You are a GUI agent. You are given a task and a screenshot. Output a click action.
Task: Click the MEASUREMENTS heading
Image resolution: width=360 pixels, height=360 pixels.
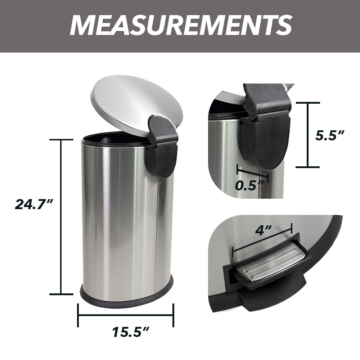pyautogui.click(x=181, y=25)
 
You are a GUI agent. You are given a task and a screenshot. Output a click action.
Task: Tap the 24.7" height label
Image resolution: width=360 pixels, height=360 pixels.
pyautogui.click(x=35, y=204)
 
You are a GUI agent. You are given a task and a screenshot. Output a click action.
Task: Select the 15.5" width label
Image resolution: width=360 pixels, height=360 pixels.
pyautogui.click(x=131, y=332)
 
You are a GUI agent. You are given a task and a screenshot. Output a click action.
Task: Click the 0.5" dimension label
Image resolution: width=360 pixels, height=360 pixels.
pyautogui.click(x=250, y=185)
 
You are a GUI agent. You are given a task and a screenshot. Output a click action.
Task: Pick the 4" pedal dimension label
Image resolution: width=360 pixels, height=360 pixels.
pyautogui.click(x=264, y=230)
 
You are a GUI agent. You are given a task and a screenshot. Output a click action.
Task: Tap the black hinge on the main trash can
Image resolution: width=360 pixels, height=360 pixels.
pyautogui.click(x=162, y=147)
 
